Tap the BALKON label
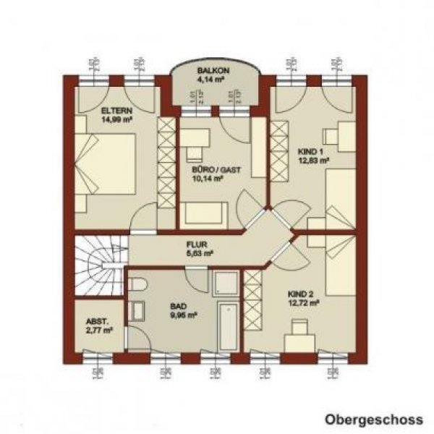(214, 70)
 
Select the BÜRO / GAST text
(216, 171)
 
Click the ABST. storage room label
(98, 322)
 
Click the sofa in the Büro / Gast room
(205, 215)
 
